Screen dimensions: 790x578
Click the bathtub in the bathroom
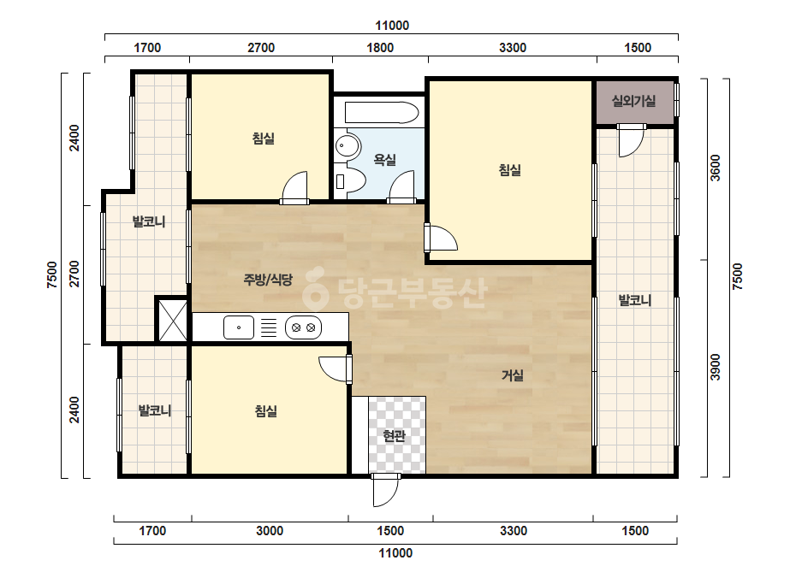[x=382, y=112]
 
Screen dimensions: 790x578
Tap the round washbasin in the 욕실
[x=347, y=146]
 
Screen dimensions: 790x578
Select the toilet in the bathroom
[x=351, y=181]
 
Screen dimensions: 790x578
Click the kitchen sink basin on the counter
[x=238, y=327]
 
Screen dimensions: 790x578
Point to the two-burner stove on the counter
[x=303, y=327]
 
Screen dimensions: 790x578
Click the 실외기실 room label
[x=634, y=101]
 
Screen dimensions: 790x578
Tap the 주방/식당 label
[x=268, y=280]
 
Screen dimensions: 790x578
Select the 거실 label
[x=513, y=375]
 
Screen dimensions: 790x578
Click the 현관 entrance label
[x=394, y=436]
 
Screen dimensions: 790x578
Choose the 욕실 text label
[x=384, y=160]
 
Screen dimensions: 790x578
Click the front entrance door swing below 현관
[x=385, y=490]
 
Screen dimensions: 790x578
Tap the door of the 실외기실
[x=631, y=140]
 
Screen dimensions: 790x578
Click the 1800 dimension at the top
[x=380, y=48]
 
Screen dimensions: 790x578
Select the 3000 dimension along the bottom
[x=270, y=531]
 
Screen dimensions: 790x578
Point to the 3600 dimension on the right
[x=715, y=168]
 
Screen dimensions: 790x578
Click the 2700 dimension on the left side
[x=74, y=274]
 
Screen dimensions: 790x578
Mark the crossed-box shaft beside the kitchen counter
[x=172, y=321]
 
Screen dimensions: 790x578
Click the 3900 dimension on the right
[x=715, y=367]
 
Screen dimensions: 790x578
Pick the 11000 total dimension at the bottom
[x=395, y=553]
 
